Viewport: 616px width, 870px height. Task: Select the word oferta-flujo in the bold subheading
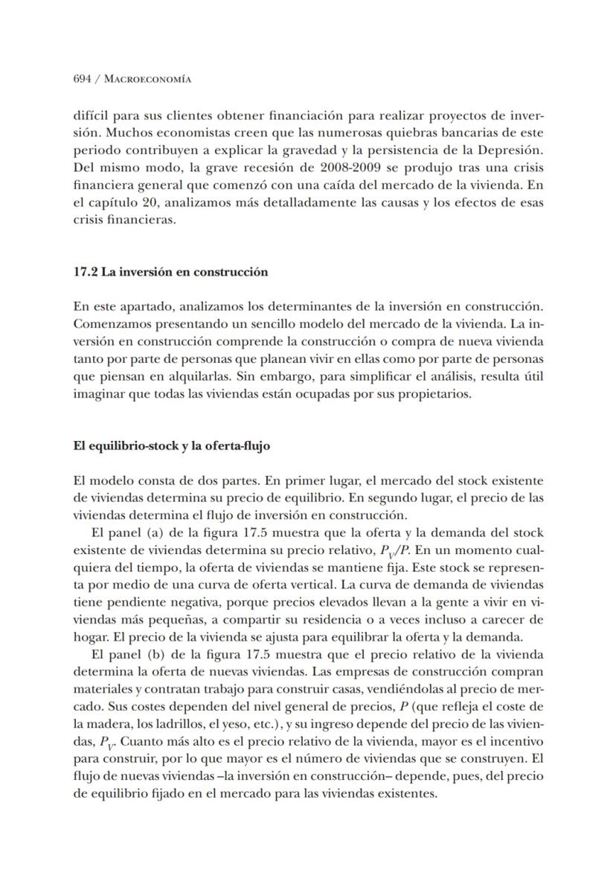(x=237, y=446)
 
